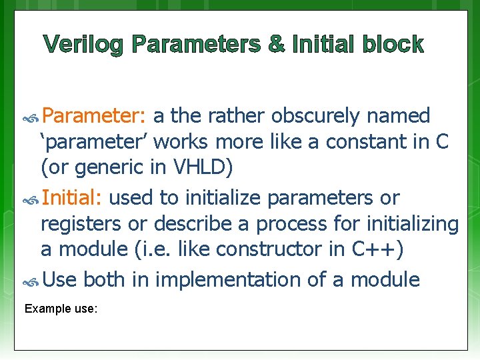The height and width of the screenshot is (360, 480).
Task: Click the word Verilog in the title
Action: pos(84,45)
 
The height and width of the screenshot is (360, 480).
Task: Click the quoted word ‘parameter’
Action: pos(93,141)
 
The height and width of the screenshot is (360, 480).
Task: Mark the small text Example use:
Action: pos(61,309)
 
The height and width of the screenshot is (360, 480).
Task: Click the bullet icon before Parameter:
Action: pos(32,117)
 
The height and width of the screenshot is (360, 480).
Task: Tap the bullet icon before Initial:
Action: pos(32,199)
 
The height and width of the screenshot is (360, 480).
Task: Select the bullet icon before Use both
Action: pos(32,281)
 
